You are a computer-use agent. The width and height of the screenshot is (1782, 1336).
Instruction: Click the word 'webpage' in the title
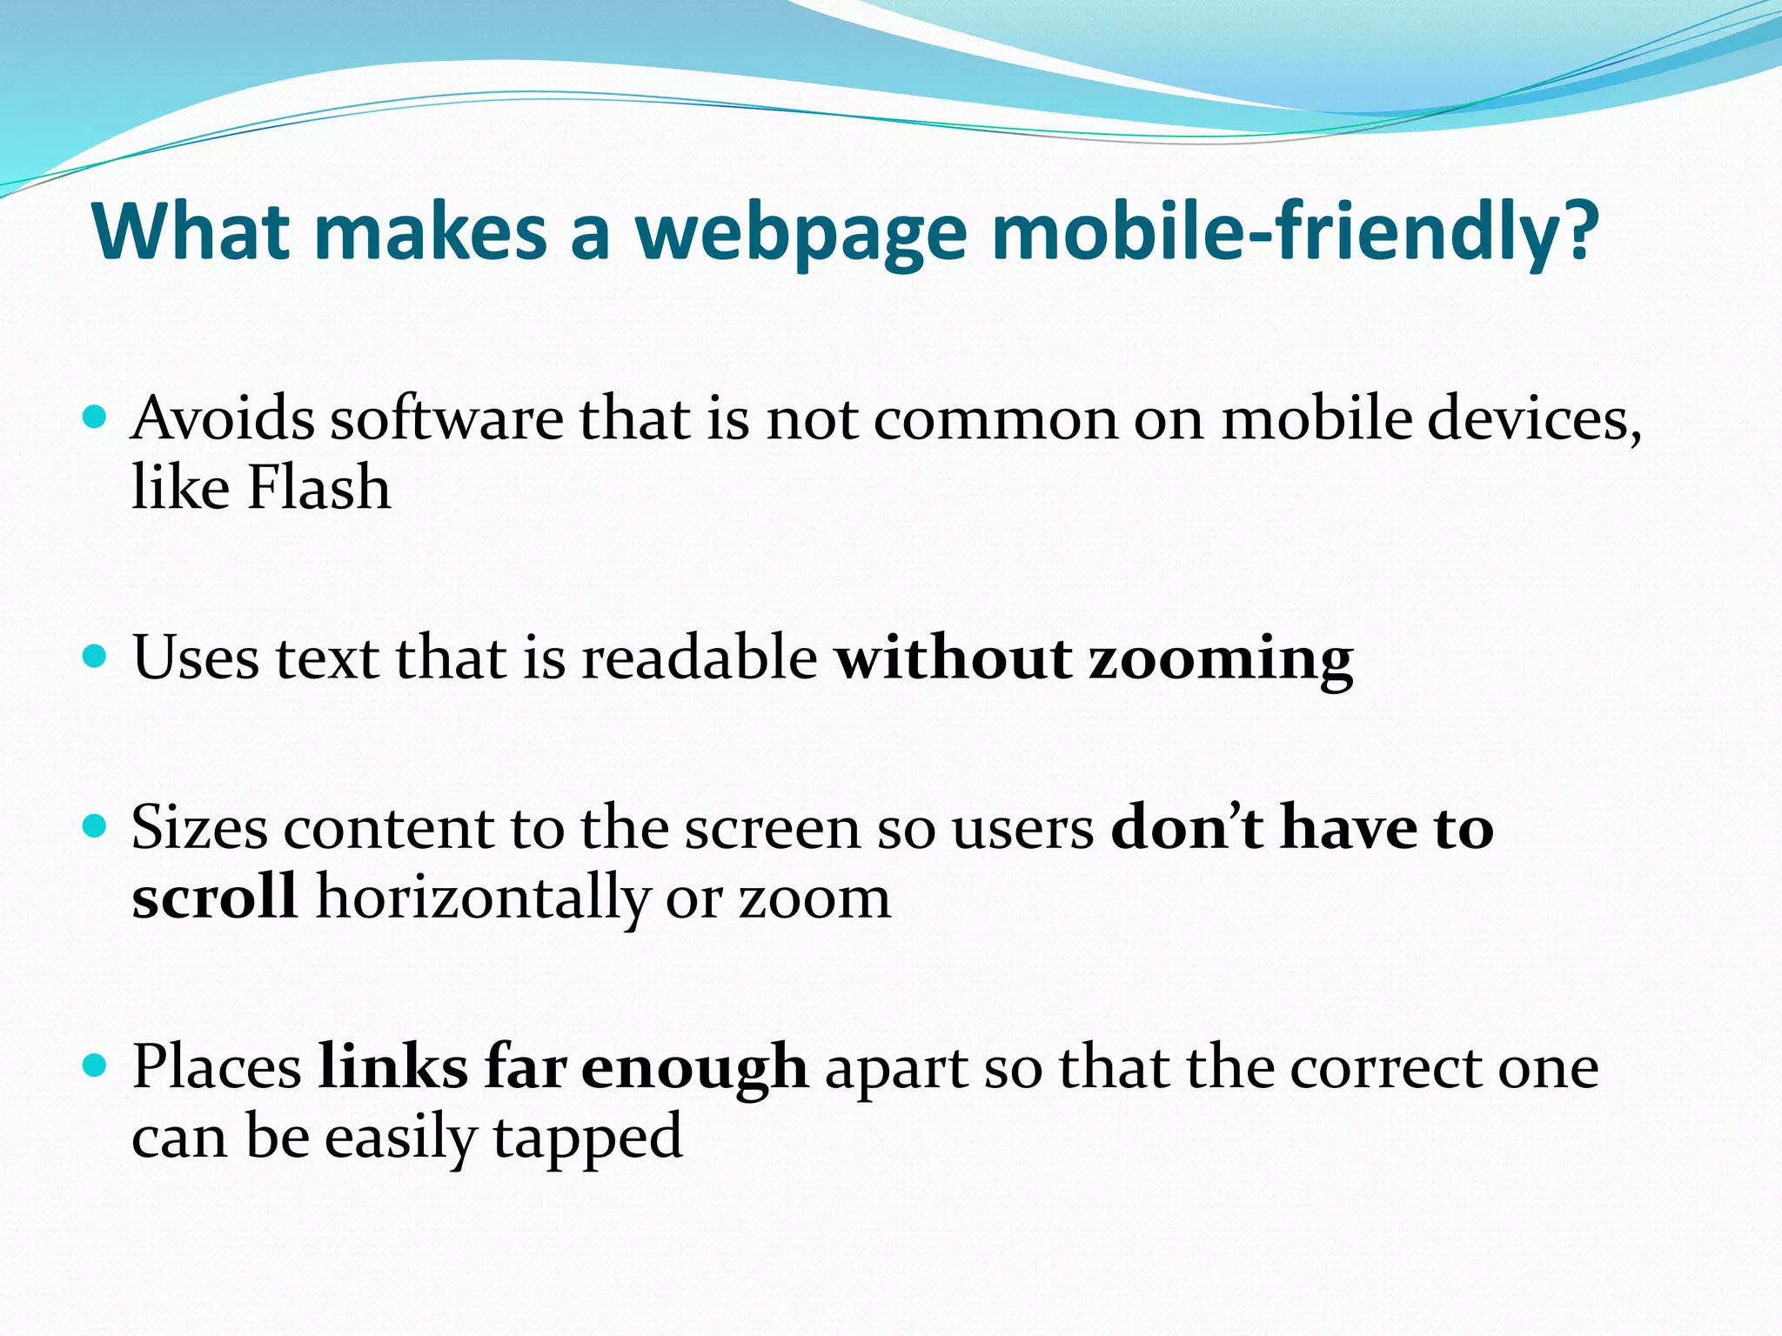(801, 233)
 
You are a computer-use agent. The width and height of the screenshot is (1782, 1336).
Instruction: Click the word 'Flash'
(318, 487)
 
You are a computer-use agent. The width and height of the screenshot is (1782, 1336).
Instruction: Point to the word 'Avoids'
(223, 419)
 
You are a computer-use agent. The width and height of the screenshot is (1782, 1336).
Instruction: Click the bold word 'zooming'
(1221, 659)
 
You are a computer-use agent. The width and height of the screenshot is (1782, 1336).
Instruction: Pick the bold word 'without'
(953, 658)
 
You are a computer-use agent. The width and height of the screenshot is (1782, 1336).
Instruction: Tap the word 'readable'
(700, 658)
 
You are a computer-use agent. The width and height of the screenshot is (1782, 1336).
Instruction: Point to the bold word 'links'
(392, 1067)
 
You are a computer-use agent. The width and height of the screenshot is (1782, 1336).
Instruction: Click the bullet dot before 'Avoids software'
(94, 417)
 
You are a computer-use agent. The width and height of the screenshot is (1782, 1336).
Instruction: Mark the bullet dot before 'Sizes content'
(94, 825)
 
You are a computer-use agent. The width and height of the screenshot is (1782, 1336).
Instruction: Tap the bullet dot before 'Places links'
(94, 1064)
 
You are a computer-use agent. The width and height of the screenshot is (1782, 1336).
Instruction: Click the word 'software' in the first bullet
(446, 419)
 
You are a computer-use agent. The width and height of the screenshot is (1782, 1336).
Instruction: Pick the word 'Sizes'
(199, 827)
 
